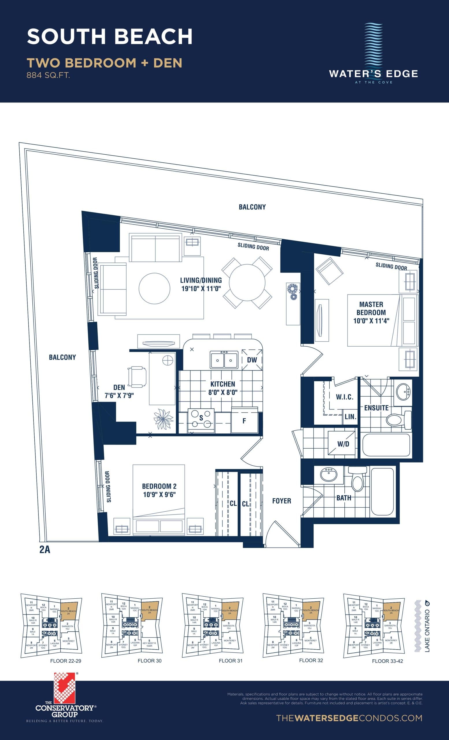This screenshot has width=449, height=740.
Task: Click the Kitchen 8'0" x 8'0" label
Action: click(x=223, y=388)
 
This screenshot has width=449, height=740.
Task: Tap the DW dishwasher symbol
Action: click(x=252, y=360)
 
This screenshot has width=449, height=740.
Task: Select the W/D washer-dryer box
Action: click(x=343, y=444)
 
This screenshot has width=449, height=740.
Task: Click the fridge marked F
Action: click(x=244, y=421)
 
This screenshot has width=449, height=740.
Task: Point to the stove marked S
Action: click(x=201, y=418)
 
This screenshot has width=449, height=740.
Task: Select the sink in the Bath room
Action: click(x=329, y=475)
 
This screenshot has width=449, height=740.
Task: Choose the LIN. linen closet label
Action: click(x=350, y=417)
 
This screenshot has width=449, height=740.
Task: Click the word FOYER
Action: click(x=281, y=501)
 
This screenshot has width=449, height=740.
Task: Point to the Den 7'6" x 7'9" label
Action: click(x=119, y=392)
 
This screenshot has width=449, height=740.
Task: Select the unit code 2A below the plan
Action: click(x=44, y=549)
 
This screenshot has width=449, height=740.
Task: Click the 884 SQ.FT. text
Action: click(x=48, y=75)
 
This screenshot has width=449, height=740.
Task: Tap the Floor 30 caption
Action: click(x=149, y=661)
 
